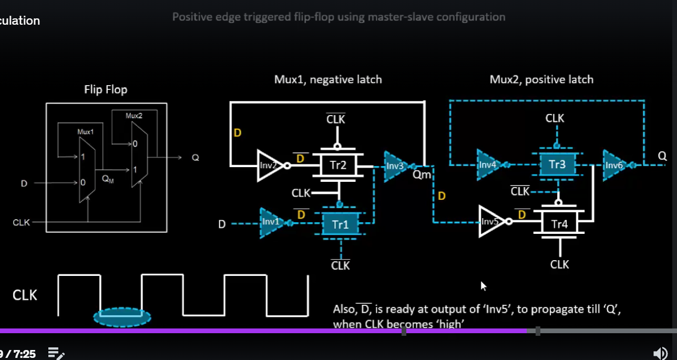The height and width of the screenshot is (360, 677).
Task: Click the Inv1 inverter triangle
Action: coord(271,223)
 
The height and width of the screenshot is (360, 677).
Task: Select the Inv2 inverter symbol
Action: coord(269,166)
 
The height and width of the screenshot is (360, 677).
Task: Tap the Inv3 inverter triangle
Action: coord(396,166)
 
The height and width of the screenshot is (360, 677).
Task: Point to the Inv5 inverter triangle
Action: coord(491,221)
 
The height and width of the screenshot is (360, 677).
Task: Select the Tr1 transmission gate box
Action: coord(341,225)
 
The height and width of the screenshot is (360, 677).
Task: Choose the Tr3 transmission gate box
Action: coord(557,164)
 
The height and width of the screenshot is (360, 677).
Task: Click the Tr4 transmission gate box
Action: coord(559,223)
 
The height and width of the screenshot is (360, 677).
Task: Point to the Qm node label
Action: coord(422,175)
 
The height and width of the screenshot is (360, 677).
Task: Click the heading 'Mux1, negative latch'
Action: coord(328,79)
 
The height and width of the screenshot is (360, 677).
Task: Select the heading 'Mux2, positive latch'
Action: coord(541,79)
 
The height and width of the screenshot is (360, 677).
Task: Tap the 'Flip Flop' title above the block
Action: coord(106,90)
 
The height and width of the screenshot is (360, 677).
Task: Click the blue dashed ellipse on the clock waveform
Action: coord(122,316)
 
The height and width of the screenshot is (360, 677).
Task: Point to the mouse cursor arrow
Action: coord(483,286)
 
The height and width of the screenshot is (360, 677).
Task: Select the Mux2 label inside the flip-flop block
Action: coord(134,116)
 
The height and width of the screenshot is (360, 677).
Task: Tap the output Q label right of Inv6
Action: coord(662,156)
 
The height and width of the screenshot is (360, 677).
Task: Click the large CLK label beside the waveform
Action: coord(25,295)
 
